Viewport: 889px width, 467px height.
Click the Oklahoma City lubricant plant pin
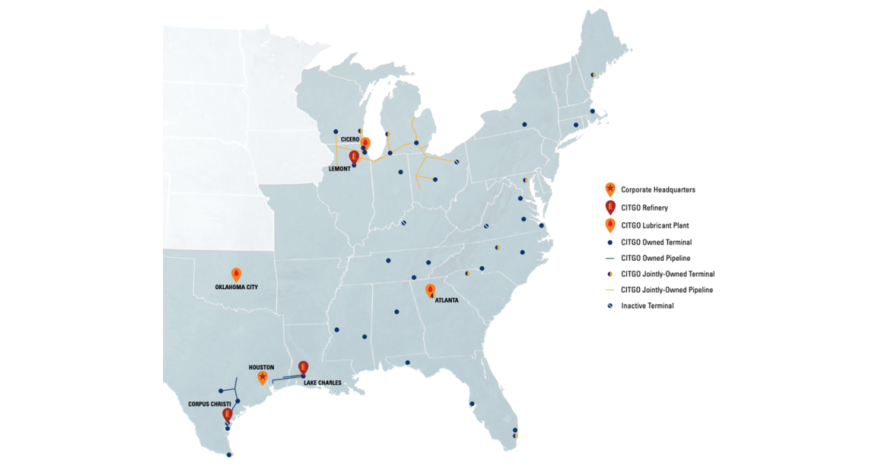(236, 274)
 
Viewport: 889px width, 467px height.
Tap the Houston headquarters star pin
(262, 377)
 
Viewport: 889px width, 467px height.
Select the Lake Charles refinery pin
(302, 367)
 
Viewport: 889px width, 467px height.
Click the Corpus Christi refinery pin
(227, 415)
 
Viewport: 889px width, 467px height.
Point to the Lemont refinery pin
(353, 157)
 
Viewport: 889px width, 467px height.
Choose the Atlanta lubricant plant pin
(430, 291)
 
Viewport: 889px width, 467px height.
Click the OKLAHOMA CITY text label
(236, 286)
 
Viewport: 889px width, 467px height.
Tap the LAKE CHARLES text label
(322, 383)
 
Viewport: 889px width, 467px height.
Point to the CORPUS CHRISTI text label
(209, 404)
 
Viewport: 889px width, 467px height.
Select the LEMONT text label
(340, 168)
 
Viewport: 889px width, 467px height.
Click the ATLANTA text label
(447, 300)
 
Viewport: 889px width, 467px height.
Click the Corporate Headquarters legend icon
(609, 189)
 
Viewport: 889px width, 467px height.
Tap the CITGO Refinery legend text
(645, 208)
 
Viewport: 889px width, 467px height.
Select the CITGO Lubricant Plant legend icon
(609, 225)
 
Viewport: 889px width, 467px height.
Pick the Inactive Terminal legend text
(647, 305)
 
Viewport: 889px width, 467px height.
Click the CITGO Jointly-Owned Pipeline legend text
(667, 290)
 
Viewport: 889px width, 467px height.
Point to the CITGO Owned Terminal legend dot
(609, 242)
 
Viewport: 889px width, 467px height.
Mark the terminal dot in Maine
(593, 75)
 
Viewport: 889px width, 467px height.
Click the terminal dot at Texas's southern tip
(229, 455)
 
